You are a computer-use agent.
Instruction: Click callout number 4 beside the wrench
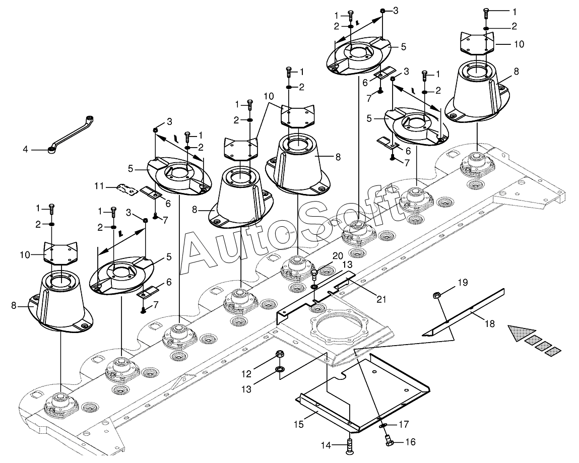[25, 150]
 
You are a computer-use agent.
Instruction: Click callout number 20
[337, 256]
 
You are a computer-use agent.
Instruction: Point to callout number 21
[381, 299]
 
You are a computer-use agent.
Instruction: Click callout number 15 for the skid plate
[299, 424]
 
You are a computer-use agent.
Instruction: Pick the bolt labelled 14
[350, 446]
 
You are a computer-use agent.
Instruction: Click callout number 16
[410, 442]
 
